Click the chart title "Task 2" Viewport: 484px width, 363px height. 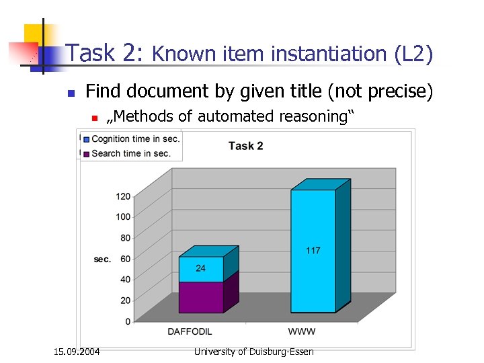pyautogui.click(x=246, y=146)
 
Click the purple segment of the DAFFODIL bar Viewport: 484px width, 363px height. pyautogui.click(x=200, y=296)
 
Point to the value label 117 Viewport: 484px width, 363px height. pyautogui.click(x=313, y=251)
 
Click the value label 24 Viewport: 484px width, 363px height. pyautogui.click(x=200, y=269)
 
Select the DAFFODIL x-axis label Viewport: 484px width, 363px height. pyautogui.click(x=190, y=331)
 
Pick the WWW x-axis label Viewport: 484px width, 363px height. pyautogui.click(x=301, y=331)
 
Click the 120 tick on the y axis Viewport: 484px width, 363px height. pyautogui.click(x=122, y=196)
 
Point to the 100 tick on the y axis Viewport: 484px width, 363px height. pyautogui.click(x=122, y=217)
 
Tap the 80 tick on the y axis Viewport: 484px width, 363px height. pyautogui.click(x=125, y=238)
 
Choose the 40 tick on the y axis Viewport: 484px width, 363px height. pyautogui.click(x=125, y=280)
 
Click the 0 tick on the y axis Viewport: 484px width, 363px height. pyautogui.click(x=128, y=321)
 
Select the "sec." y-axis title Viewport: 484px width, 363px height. pyautogui.click(x=102, y=259)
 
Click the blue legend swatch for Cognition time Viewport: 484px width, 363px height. pyautogui.click(x=86, y=140)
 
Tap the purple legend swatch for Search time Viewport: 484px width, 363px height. pyautogui.click(x=86, y=153)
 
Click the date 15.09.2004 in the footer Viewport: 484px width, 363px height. pyautogui.click(x=77, y=351)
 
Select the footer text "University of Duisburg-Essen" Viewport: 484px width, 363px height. pyautogui.click(x=253, y=351)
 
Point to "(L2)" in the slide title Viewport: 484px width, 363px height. pyautogui.click(x=414, y=54)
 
